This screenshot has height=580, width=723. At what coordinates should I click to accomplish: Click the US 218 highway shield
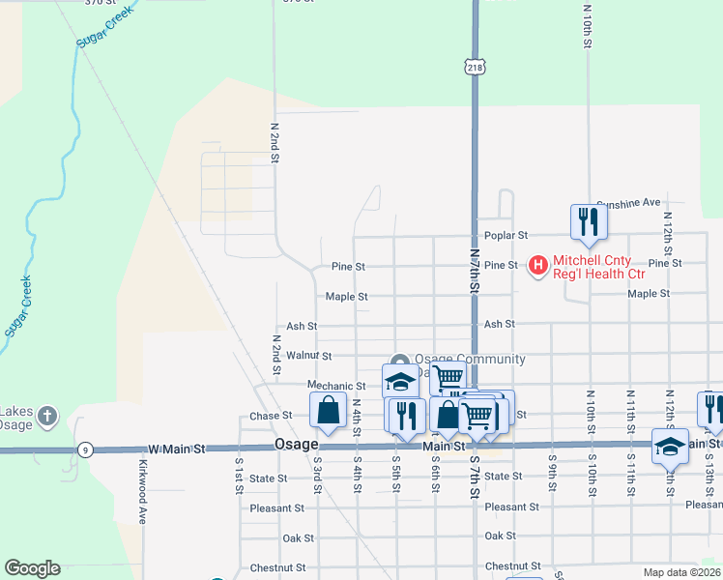pyautogui.click(x=474, y=67)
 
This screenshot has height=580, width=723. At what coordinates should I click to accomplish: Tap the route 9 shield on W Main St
pyautogui.click(x=85, y=449)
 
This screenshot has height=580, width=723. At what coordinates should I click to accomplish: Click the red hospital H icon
pyautogui.click(x=538, y=264)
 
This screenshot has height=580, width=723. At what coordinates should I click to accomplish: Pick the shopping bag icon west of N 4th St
pyautogui.click(x=329, y=410)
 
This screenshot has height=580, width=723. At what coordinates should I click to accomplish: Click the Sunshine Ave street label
pyautogui.click(x=628, y=203)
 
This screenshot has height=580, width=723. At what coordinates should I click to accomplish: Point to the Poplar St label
pyautogui.click(x=506, y=235)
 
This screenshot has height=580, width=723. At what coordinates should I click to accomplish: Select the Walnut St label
pyautogui.click(x=309, y=356)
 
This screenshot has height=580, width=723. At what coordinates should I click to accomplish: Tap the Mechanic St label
pyautogui.click(x=336, y=386)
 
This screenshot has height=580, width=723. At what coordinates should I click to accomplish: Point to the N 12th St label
pyautogui.click(x=668, y=245)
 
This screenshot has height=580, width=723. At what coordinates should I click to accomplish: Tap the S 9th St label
pyautogui.click(x=551, y=471)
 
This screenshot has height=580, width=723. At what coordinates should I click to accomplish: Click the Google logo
pyautogui.click(x=32, y=568)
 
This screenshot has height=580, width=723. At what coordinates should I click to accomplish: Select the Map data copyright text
pyautogui.click(x=682, y=572)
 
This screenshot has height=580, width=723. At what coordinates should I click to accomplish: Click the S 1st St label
pyautogui.click(x=238, y=472)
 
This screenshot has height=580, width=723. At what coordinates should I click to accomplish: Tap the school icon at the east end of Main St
pyautogui.click(x=670, y=447)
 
